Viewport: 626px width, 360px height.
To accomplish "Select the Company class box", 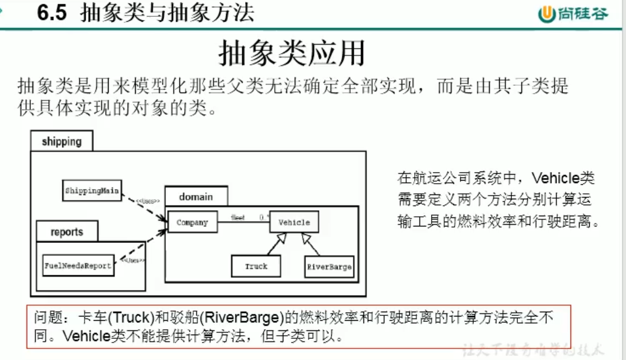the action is tap(192, 222).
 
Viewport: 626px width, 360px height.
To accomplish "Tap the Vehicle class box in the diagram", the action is tap(294, 222).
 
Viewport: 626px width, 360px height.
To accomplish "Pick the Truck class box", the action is tap(256, 266).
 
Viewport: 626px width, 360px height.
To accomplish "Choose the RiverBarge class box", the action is tap(329, 266).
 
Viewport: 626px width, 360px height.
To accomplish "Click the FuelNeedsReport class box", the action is tap(78, 265).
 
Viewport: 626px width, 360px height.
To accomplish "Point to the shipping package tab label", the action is tap(62, 142).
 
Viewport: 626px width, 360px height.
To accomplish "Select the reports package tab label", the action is tap(67, 232).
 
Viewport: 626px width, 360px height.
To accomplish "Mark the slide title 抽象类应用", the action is tap(292, 54).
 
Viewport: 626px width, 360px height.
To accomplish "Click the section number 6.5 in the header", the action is tap(52, 13).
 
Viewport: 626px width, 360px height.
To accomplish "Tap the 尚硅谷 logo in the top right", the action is tap(573, 14).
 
